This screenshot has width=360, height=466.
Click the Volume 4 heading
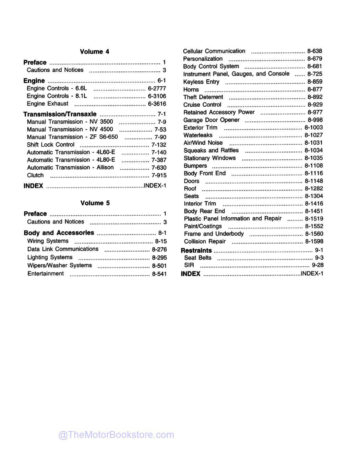[94, 52]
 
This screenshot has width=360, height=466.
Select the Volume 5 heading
[95, 203]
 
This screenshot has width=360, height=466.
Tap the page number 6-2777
[157, 88]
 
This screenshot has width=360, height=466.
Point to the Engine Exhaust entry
[48, 104]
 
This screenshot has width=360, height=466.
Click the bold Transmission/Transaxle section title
[60, 114]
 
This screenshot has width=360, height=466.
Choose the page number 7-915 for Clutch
[159, 175]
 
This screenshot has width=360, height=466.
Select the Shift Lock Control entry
[50, 145]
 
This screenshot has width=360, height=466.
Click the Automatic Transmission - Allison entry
[70, 167]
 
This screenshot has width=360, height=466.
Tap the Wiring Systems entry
[48, 241]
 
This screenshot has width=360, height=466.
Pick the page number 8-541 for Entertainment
[159, 274]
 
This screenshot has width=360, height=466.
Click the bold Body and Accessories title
[59, 233]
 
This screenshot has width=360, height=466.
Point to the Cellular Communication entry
[214, 51]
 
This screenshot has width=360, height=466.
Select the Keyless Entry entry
[201, 82]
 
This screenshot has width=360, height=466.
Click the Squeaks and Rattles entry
[211, 150]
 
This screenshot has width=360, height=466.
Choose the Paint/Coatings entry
[203, 226]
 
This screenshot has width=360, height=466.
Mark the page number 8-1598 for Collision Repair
[314, 241]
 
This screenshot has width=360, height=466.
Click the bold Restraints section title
[196, 250]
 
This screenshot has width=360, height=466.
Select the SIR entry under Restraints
[189, 265]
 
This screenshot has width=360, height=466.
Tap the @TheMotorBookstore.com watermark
[116, 435]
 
